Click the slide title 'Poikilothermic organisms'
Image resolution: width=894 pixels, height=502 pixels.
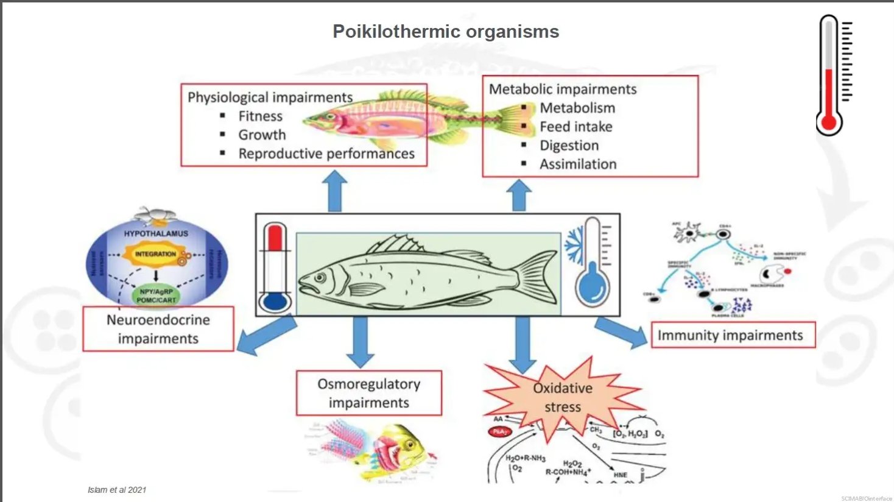point(446,32)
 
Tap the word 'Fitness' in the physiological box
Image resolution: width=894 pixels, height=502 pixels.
point(260,116)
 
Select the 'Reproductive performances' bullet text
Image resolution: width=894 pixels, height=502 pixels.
point(326,154)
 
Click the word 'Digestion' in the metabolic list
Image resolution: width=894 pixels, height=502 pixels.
point(569,146)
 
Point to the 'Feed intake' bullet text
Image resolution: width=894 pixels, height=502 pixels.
point(575,127)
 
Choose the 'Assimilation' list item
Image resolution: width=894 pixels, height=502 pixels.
point(578,164)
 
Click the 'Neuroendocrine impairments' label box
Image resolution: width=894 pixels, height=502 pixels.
point(158,329)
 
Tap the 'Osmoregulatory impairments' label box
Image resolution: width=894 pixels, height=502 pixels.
point(369,394)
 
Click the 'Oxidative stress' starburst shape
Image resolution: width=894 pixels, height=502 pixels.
point(563,397)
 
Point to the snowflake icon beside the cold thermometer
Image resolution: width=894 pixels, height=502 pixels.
point(574,246)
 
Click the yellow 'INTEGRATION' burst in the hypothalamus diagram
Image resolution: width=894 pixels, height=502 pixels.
point(156,254)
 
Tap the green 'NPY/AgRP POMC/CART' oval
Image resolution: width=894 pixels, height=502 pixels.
point(157,296)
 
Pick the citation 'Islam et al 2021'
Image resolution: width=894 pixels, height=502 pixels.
point(117,490)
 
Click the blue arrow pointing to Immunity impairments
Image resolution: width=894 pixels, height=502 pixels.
point(621,332)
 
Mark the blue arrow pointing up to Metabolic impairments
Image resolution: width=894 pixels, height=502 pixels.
point(519,195)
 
